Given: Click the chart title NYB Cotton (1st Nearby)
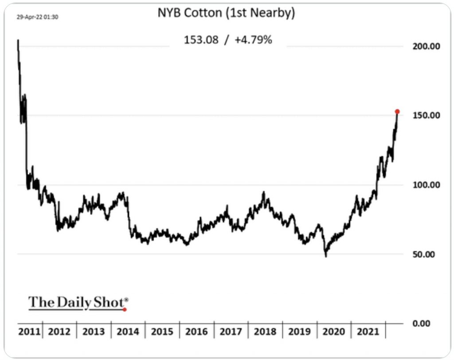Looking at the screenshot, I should [226, 13].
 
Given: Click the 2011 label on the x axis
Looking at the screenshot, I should [30, 332].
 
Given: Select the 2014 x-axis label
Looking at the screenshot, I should [129, 332].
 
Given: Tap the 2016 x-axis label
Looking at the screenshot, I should [197, 332].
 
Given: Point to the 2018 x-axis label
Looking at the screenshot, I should [265, 332].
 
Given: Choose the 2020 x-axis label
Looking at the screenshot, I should [334, 332].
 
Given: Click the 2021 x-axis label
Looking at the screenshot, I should [368, 332].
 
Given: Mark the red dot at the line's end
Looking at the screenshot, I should [397, 112].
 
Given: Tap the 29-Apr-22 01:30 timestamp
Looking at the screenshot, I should [38, 17].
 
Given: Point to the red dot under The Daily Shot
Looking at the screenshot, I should [125, 309].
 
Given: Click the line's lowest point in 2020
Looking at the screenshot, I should [326, 256].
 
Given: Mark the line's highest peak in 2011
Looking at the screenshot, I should [18, 40].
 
